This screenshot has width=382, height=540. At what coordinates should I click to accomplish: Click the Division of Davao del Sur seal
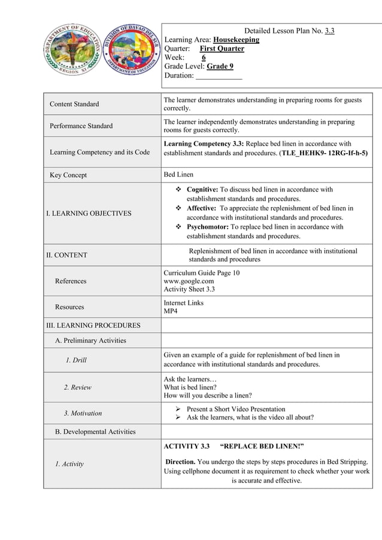(x=129, y=50)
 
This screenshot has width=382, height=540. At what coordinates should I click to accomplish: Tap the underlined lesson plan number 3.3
(x=329, y=31)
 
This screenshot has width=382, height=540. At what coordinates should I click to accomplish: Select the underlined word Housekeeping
(x=237, y=40)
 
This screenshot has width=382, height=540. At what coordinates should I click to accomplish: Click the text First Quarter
(x=222, y=48)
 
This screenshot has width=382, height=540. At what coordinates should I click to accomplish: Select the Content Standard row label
(x=74, y=104)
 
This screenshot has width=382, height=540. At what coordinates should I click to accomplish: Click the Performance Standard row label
(x=81, y=126)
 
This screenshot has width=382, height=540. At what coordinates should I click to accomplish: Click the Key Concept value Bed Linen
(x=179, y=175)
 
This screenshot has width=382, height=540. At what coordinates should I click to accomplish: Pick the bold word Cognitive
(x=202, y=189)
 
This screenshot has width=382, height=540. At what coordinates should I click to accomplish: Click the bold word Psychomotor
(x=207, y=227)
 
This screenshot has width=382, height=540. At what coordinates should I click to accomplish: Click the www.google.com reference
(x=189, y=281)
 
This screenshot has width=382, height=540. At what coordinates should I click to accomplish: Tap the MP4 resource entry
(x=171, y=311)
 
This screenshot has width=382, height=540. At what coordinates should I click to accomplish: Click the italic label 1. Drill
(x=77, y=360)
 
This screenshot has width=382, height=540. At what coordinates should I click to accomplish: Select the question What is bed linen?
(x=190, y=387)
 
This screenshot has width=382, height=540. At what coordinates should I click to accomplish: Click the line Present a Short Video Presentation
(x=235, y=409)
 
